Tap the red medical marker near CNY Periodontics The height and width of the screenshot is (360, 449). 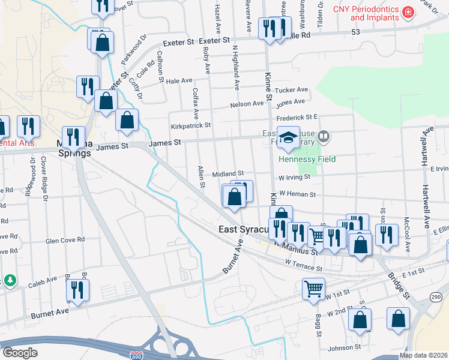pyautogui.click(x=408, y=12)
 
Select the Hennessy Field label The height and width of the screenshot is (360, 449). pyautogui.click(x=307, y=159)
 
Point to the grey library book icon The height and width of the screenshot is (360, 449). pyautogui.click(x=324, y=137)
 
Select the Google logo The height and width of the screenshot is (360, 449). pyautogui.click(x=20, y=352)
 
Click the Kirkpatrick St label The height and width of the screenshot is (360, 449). pyautogui.click(x=191, y=125)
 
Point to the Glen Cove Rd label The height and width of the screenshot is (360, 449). pyautogui.click(x=65, y=240)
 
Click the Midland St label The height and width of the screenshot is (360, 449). pyautogui.click(x=228, y=173)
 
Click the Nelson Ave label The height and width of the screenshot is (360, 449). pyautogui.click(x=247, y=104)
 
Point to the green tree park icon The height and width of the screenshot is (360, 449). pyautogui.click(x=10, y=280)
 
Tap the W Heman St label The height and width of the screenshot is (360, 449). pyautogui.click(x=295, y=194)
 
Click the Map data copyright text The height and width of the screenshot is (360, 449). pyautogui.click(x=424, y=355)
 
